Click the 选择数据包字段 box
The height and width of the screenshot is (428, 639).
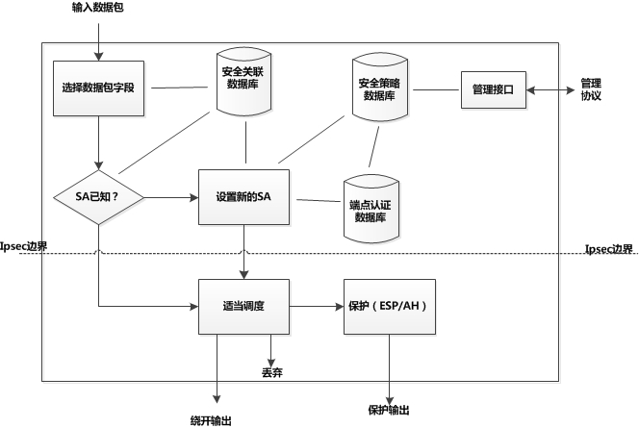[x=98, y=88]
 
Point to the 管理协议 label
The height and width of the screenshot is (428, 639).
[x=591, y=89]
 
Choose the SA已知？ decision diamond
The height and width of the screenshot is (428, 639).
[x=97, y=197]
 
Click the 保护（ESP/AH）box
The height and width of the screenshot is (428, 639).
[x=389, y=307]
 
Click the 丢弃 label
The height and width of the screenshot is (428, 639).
[x=272, y=371]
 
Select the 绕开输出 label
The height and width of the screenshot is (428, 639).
[x=212, y=419]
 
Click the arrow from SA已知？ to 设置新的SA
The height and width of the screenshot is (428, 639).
[x=171, y=197]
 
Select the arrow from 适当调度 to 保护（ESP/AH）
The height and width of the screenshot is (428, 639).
[x=317, y=307]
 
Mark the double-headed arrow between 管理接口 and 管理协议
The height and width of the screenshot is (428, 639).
[x=550, y=89]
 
